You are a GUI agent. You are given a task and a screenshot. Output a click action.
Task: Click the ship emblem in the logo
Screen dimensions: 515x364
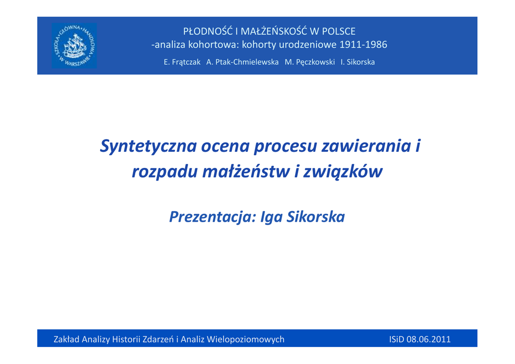click(x=74, y=45)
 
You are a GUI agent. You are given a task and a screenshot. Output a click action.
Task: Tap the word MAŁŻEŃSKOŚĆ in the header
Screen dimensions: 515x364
click(x=274, y=31)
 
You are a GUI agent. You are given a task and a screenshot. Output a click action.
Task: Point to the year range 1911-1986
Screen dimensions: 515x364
click(x=363, y=44)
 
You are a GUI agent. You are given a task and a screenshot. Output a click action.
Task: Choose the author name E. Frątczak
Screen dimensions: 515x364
click(x=182, y=62)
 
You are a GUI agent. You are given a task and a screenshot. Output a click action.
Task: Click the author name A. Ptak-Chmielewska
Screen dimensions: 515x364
click(x=242, y=62)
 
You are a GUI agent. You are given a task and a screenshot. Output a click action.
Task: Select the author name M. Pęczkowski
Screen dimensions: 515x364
click(x=310, y=62)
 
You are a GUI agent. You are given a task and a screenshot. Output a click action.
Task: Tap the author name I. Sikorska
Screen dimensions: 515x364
click(x=358, y=62)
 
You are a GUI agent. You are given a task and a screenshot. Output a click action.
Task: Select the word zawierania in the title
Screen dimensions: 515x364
click(x=366, y=146)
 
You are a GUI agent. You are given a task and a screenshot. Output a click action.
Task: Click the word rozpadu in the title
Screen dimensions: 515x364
click(x=164, y=172)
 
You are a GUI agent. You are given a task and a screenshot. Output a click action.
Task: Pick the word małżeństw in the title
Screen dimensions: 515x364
click(x=246, y=171)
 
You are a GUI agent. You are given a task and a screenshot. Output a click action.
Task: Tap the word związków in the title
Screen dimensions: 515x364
click(x=343, y=172)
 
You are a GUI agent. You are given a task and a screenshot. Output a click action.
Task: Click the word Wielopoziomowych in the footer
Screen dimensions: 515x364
click(x=246, y=339)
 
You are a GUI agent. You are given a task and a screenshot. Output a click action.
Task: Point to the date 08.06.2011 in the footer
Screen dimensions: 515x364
click(x=428, y=339)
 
